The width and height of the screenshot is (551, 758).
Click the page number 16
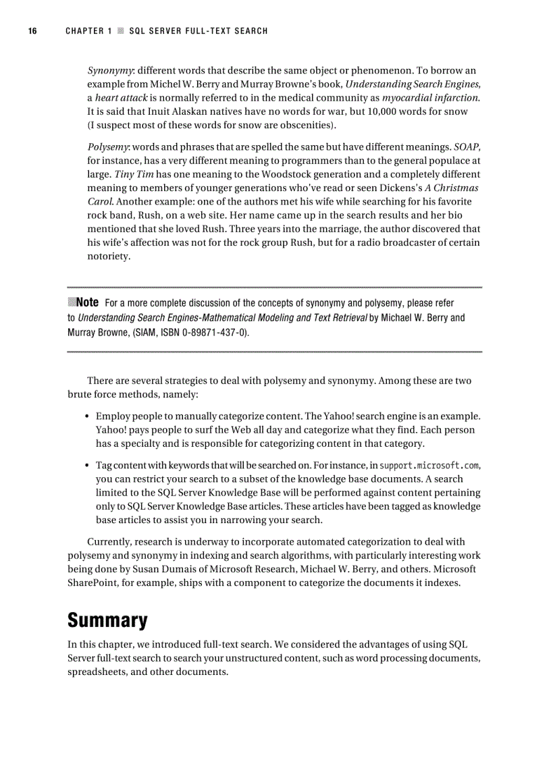pos(32,31)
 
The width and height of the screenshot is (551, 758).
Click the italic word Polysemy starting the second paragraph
pos(107,147)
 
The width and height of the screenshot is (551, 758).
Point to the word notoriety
pos(109,256)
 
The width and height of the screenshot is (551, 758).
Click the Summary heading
pos(107,620)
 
